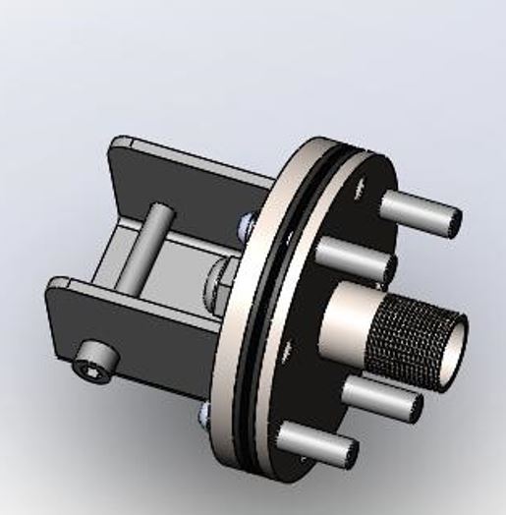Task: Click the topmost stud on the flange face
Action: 417,210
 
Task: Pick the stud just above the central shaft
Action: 354,257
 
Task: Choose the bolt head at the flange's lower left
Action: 204,414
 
